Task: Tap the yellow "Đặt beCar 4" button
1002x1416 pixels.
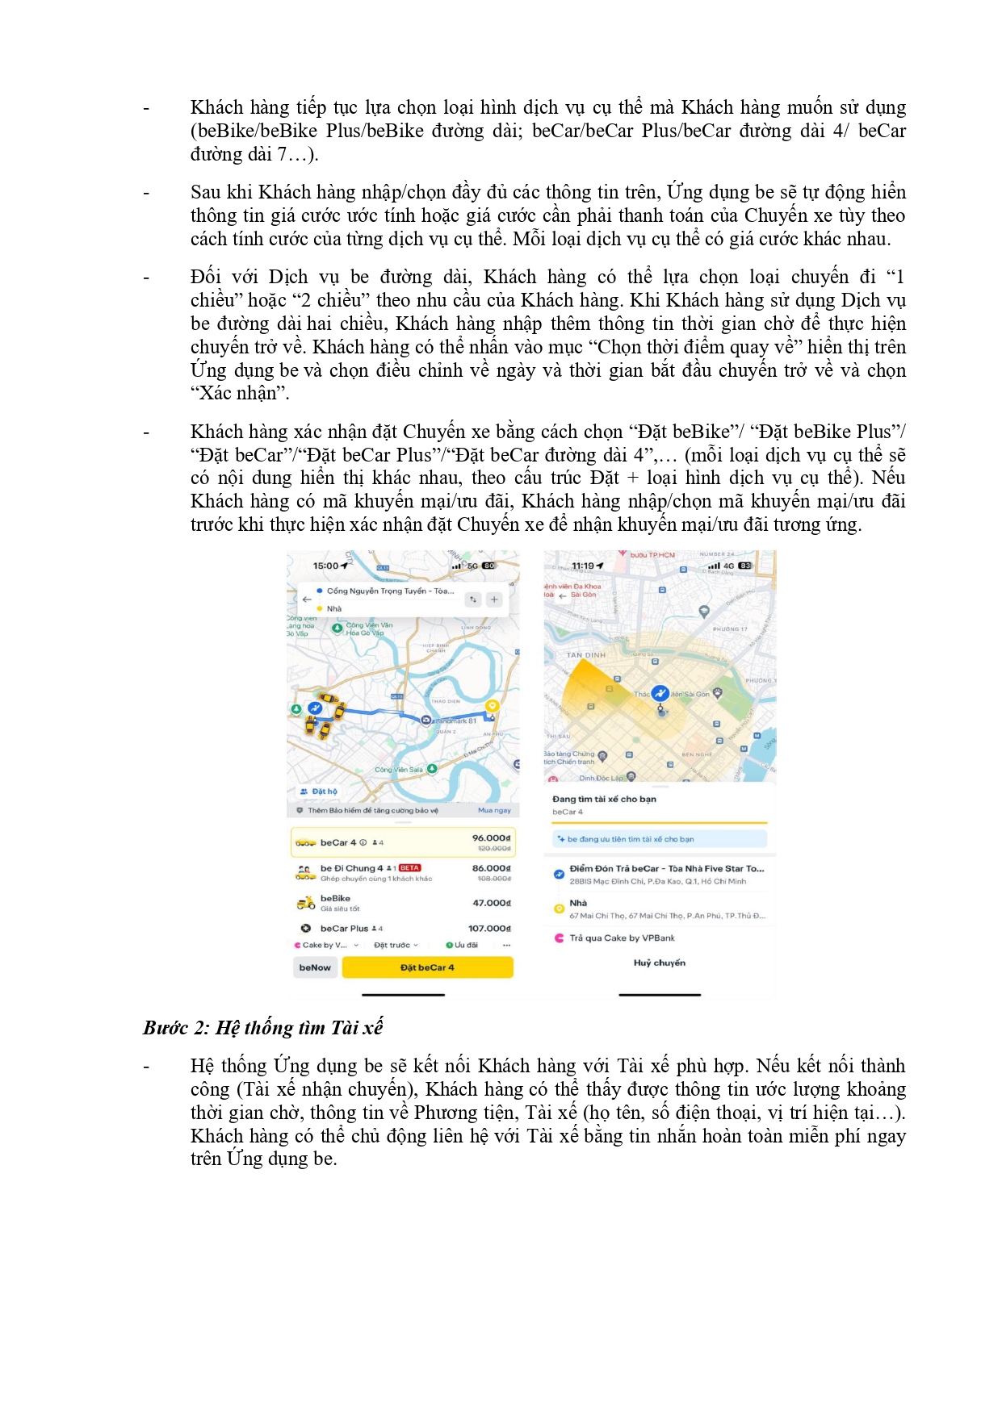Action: point(427,967)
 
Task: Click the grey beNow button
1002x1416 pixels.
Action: point(315,967)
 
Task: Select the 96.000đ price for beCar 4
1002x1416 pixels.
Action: point(491,838)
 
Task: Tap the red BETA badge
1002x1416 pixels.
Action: point(409,868)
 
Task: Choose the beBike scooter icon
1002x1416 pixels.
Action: point(305,903)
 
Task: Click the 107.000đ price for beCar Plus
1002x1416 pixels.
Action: point(489,929)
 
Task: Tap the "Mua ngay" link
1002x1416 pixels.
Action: point(494,810)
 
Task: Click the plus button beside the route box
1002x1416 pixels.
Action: point(494,599)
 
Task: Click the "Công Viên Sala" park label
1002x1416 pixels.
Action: point(399,770)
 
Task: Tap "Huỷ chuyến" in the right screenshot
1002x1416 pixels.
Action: point(660,963)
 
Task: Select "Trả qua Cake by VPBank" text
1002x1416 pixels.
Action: point(622,938)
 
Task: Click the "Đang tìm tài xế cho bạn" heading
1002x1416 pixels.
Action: point(604,800)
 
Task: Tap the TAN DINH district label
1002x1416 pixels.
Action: point(585,655)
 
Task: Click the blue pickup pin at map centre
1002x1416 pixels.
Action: point(660,694)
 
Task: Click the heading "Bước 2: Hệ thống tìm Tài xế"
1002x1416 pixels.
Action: point(262,1028)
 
